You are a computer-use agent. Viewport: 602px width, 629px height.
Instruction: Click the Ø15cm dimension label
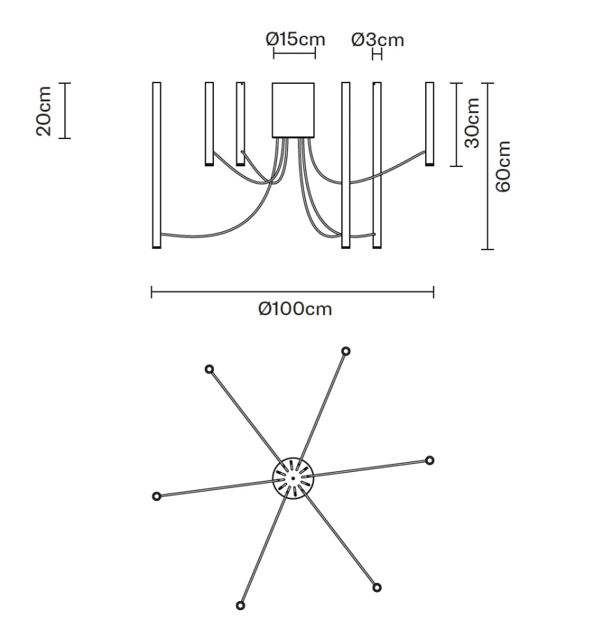pyautogui.click(x=295, y=39)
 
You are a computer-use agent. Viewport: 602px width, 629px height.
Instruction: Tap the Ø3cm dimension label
pyautogui.click(x=378, y=39)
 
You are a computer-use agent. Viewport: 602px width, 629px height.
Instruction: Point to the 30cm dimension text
pyautogui.click(x=473, y=123)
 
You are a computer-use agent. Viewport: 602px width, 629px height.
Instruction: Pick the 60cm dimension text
pyautogui.click(x=503, y=166)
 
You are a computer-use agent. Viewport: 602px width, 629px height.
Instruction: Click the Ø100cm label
pyautogui.click(x=294, y=309)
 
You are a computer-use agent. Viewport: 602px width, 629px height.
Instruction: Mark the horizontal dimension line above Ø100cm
pyautogui.click(x=292, y=292)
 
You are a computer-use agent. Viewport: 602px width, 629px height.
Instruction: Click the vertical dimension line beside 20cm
pyautogui.click(x=65, y=110)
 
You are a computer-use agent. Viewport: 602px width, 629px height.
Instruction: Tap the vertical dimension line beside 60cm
pyautogui.click(x=489, y=166)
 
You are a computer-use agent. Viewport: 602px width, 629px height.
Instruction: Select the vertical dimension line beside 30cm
pyautogui.click(x=457, y=124)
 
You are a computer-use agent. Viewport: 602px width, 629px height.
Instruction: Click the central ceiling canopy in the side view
pyautogui.click(x=293, y=110)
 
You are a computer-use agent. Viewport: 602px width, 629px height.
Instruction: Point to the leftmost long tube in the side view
pyautogui.click(x=157, y=165)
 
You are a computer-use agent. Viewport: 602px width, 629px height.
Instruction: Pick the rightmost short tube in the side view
pyautogui.click(x=429, y=124)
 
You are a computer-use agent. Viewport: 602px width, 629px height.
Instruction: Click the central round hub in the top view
pyautogui.click(x=292, y=478)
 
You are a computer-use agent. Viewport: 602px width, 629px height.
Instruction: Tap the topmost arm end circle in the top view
pyautogui.click(x=345, y=351)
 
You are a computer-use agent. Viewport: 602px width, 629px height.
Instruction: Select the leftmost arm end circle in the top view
pyautogui.click(x=157, y=496)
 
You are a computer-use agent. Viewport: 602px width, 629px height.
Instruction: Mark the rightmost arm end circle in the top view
pyautogui.click(x=430, y=460)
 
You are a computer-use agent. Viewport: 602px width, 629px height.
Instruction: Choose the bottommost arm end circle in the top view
pyautogui.click(x=241, y=605)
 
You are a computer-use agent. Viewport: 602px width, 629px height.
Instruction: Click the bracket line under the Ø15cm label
pyautogui.click(x=294, y=55)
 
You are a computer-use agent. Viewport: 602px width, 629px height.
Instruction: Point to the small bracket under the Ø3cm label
pyautogui.click(x=378, y=55)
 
